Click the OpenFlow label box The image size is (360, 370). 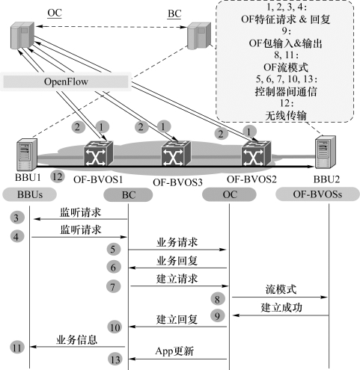click(x=66, y=81)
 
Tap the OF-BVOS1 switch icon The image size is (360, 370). click(x=98, y=153)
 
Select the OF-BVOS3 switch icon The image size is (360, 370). click(x=176, y=153)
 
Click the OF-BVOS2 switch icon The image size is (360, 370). click(x=256, y=153)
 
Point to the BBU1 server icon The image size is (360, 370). click(x=27, y=154)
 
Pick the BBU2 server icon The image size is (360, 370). click(x=326, y=152)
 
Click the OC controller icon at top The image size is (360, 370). click(x=22, y=35)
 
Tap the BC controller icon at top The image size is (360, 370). click(x=199, y=36)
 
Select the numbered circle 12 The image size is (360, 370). click(x=58, y=176)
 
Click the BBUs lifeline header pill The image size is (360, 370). click(x=30, y=194)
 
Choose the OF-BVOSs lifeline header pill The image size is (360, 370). click(x=317, y=194)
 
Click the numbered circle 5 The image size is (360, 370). click(x=113, y=249)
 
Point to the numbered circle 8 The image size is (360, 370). click(x=217, y=299)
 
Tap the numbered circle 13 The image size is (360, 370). click(x=115, y=360)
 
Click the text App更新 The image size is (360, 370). click(x=174, y=351)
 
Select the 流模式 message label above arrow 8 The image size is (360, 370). click(x=281, y=289)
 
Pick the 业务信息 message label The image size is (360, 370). click(x=76, y=339)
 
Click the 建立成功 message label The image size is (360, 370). click(x=281, y=308)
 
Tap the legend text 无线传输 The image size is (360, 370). click(x=286, y=115)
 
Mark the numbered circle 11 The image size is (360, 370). click(x=17, y=348)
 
